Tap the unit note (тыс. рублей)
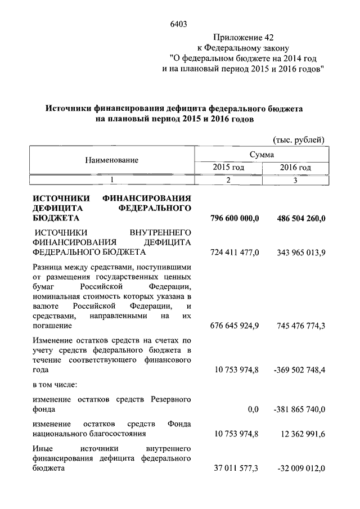click(x=298, y=138)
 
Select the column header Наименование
click(x=111, y=160)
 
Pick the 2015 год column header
click(x=228, y=168)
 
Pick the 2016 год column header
click(x=295, y=168)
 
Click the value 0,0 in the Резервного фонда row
click(x=253, y=410)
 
